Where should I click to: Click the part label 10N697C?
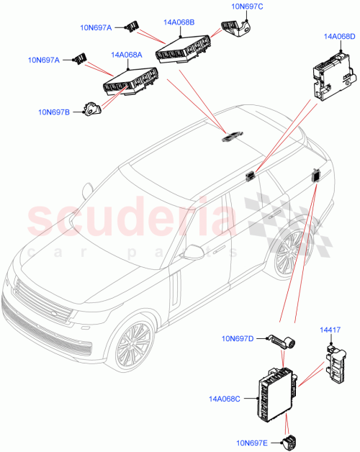(247, 6)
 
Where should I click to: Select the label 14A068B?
(179, 22)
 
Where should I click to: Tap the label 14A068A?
(126, 54)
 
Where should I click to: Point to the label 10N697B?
(55, 111)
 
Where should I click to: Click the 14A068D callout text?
(339, 36)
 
